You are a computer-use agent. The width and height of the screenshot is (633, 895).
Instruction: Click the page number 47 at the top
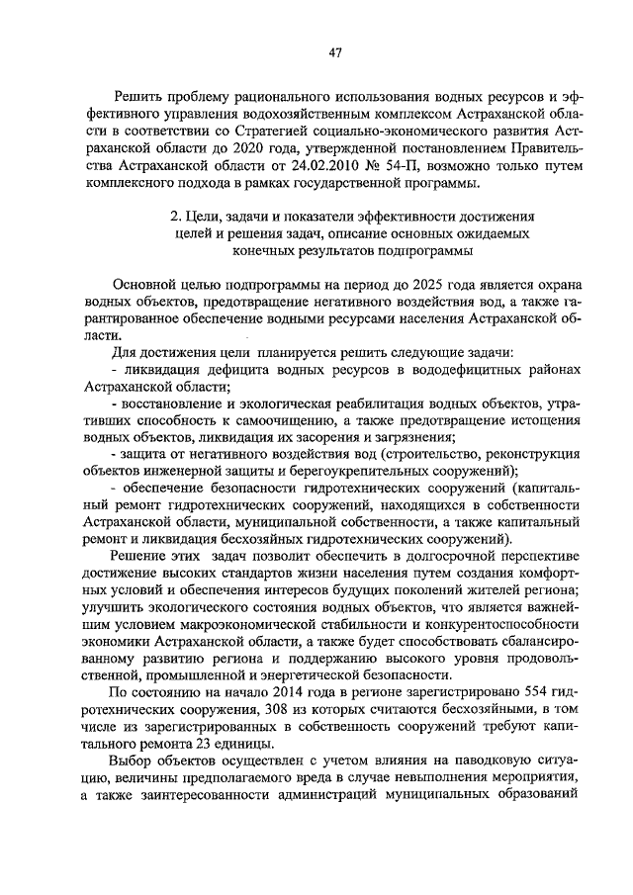click(x=334, y=52)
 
